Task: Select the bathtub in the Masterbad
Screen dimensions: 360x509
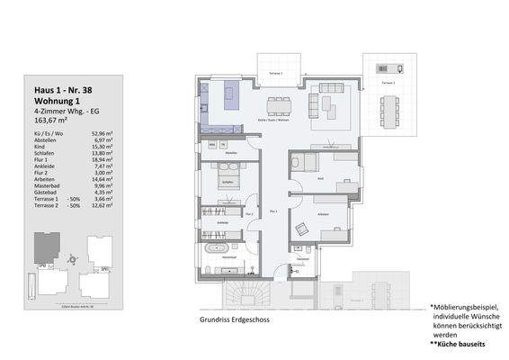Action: pos(218,246)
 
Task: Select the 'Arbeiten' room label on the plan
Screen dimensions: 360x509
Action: pos(320,212)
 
